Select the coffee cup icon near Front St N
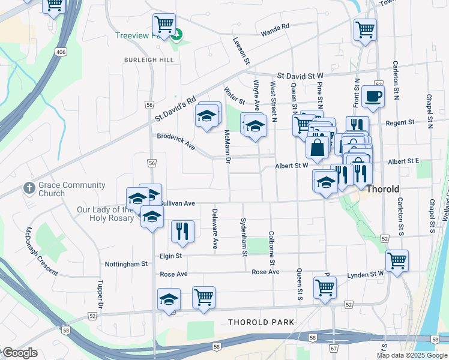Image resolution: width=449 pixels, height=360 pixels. [x=373, y=96]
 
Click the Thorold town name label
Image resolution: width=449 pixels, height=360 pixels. [x=383, y=189]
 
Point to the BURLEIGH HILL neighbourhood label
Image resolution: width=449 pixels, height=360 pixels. [x=149, y=61]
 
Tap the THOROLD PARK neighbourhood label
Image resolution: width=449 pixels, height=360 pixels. [x=261, y=322]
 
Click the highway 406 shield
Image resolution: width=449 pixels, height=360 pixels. [x=60, y=52]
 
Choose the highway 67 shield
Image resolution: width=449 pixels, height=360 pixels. [x=334, y=349]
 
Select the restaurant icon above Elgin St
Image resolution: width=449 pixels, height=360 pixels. [x=182, y=231]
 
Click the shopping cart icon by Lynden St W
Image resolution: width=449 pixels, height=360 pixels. [x=397, y=260]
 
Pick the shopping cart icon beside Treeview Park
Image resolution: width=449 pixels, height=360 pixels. [x=164, y=24]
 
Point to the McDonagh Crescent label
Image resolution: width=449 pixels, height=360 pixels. [x=41, y=251]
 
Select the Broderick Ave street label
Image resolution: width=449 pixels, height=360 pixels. [x=176, y=141]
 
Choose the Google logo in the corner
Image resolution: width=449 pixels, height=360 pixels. [x=19, y=353]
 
